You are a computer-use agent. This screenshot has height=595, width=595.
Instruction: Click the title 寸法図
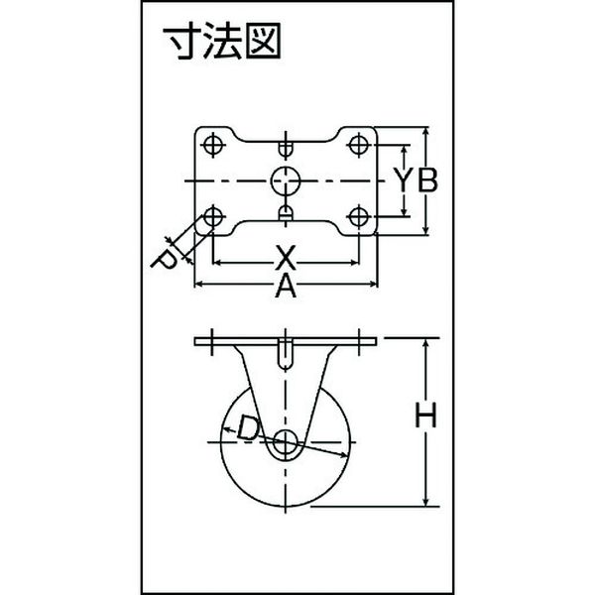coord(222,41)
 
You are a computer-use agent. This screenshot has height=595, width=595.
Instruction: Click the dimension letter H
coord(425,415)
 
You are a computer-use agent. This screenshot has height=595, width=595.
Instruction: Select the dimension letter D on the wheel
coord(249,428)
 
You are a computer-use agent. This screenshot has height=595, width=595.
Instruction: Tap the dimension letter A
coord(286,287)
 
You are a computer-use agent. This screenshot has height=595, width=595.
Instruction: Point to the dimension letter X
coord(286,258)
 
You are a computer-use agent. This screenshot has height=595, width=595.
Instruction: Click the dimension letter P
coord(164,260)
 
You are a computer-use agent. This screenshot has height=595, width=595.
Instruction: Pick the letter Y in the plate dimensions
coord(405,179)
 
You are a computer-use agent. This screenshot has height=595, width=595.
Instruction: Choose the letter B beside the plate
coord(427,179)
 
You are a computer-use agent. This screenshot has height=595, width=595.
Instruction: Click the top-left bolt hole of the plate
coord(213,145)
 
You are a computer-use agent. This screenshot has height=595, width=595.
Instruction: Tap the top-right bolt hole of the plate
coord(358,145)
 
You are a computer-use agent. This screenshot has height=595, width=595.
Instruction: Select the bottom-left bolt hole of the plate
coord(213,216)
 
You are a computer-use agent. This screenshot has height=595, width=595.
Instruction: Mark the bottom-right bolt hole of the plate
coord(358,216)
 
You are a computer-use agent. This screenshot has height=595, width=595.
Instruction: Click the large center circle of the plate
coord(286,181)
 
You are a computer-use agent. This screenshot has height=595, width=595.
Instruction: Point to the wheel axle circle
coord(286,442)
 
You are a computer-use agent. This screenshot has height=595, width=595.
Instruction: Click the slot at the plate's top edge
coord(286,148)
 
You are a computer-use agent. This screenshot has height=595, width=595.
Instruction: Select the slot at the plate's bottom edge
coord(286,213)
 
